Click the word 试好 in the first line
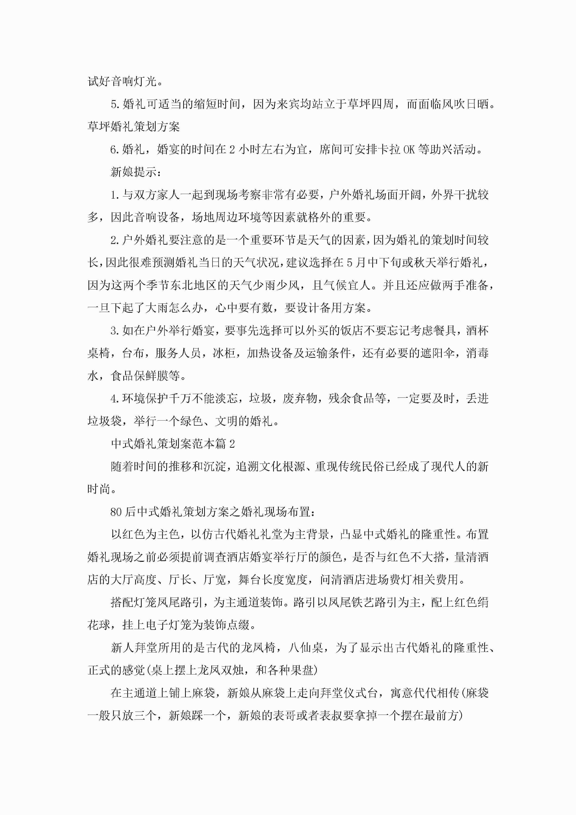(99, 82)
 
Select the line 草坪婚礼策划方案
(134, 127)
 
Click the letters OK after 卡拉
(409, 149)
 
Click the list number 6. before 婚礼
(116, 149)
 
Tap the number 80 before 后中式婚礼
(116, 512)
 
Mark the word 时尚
(99, 489)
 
